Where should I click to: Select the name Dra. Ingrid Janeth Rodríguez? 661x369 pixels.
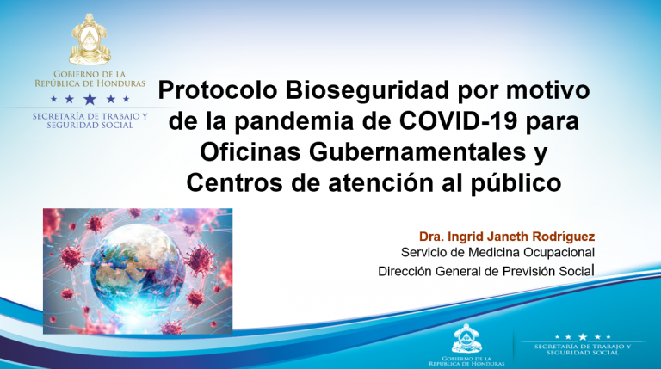point(507,236)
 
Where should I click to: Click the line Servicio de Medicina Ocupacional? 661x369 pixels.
point(498,253)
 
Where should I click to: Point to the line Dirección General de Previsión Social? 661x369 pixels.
point(486,272)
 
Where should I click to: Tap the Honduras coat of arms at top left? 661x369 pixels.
point(90,40)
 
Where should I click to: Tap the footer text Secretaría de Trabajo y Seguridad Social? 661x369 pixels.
point(583,350)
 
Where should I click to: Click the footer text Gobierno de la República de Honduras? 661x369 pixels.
point(466,360)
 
